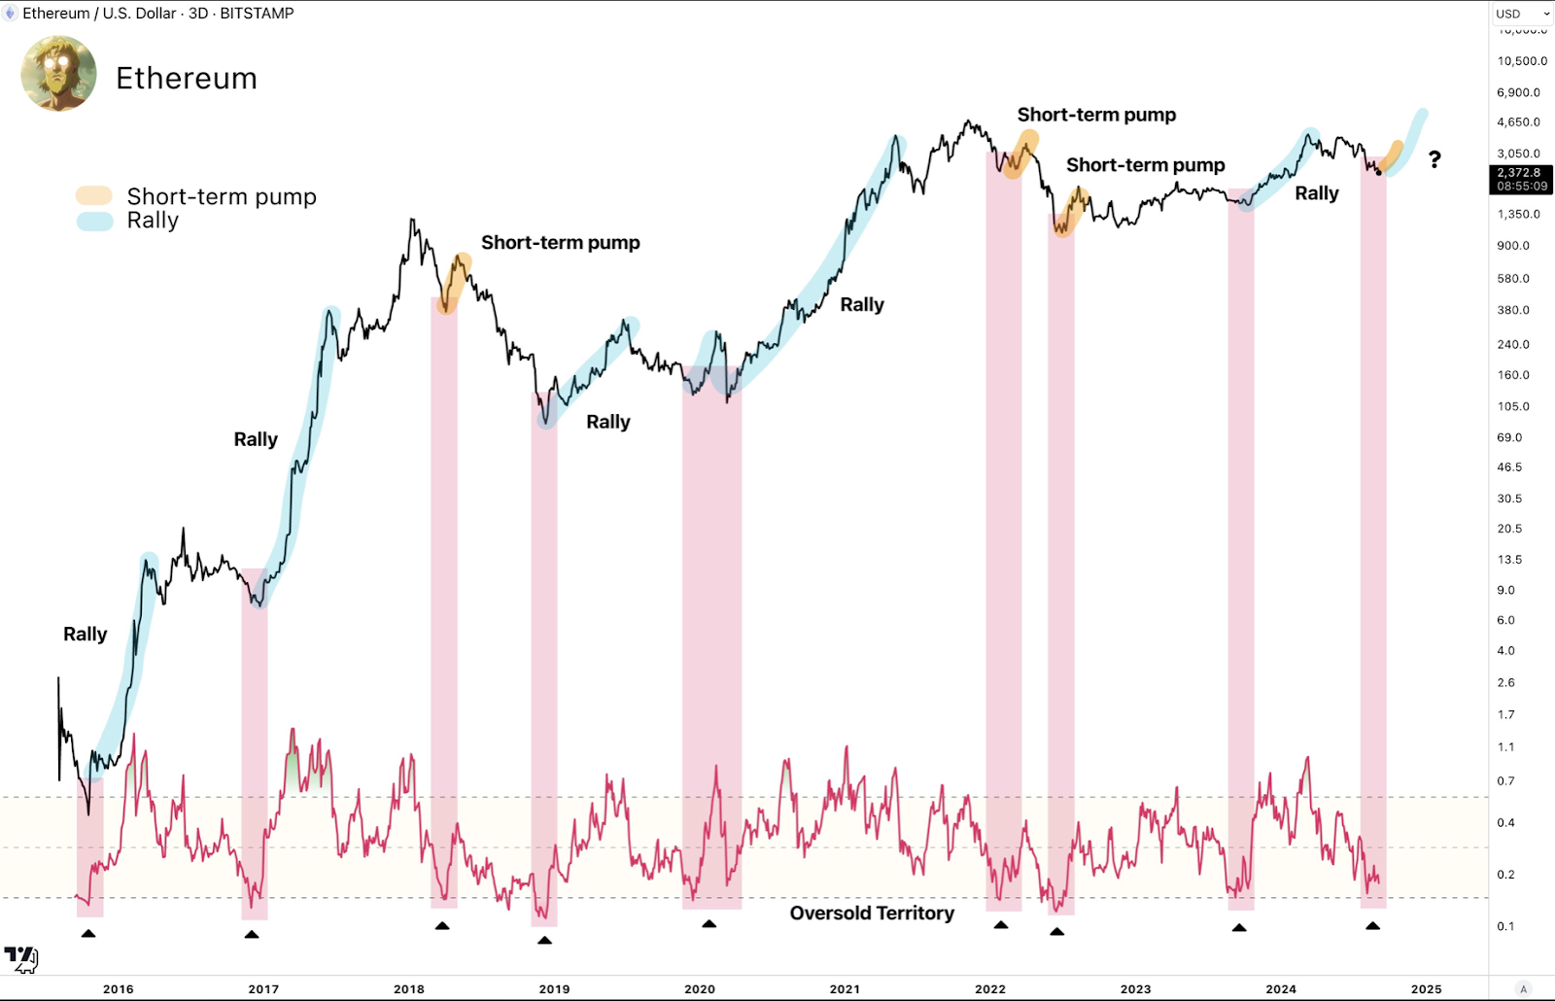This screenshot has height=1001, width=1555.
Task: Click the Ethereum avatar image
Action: [x=58, y=74]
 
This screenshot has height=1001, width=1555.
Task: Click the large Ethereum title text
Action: [x=187, y=79]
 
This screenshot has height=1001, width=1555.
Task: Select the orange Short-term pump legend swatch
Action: [x=94, y=196]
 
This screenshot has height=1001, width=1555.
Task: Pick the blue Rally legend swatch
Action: [x=94, y=221]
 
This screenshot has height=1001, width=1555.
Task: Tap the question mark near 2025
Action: [x=1434, y=159]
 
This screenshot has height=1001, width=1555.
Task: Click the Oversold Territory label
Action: [x=872, y=914]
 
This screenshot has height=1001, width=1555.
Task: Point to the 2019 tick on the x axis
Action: [x=554, y=989]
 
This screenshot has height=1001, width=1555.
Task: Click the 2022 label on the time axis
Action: [x=990, y=989]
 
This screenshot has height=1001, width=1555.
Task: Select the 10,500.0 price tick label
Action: [x=1522, y=61]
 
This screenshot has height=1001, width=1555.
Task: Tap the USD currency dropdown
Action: [x=1522, y=14]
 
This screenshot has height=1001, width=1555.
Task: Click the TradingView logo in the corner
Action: [x=20, y=958]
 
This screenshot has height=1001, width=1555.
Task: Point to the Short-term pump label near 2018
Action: [x=561, y=243]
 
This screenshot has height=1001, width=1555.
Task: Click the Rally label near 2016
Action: [x=86, y=635]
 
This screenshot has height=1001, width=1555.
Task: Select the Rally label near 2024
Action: [x=1317, y=193]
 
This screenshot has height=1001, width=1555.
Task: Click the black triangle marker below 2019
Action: [x=544, y=940]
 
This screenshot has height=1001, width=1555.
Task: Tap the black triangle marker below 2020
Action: [x=709, y=924]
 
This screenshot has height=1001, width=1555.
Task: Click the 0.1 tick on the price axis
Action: [x=1505, y=926]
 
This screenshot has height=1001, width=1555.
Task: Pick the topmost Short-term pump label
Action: [x=1096, y=115]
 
